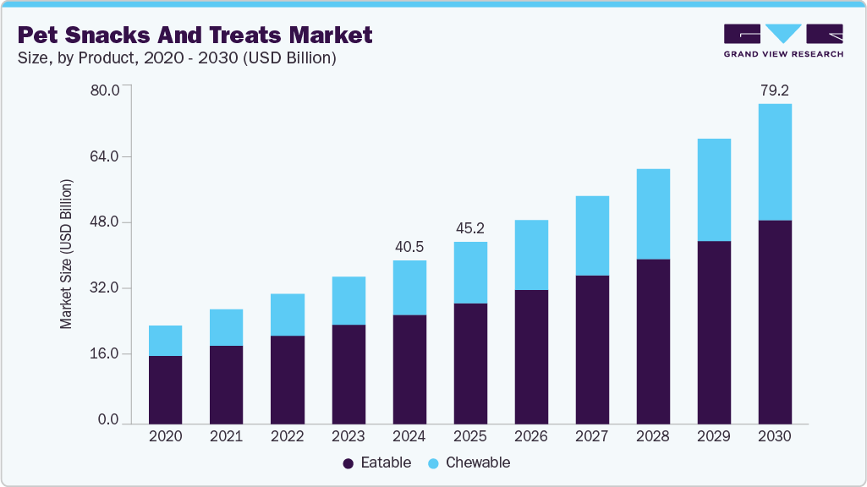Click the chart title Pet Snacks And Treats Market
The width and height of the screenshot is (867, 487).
pos(195,35)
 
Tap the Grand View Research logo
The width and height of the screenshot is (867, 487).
pos(783,41)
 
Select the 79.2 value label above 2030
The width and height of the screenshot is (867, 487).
pos(775,90)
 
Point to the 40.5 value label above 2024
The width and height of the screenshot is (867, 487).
pos(409,246)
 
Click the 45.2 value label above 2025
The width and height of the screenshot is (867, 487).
pos(470,227)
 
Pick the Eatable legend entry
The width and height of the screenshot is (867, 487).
pos(377,462)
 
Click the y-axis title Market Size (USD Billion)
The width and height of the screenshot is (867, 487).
pos(66,254)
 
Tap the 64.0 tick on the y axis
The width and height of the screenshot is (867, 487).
pos(105,156)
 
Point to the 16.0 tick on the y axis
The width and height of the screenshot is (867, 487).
pos(105,353)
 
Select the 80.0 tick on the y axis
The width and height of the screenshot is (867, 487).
pos(105,90)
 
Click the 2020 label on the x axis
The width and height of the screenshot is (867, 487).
pos(165,437)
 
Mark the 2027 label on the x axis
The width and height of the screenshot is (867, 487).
pos(592,437)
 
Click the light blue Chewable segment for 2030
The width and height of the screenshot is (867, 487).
pos(775,161)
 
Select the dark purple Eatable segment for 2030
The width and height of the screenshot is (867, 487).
pos(775,321)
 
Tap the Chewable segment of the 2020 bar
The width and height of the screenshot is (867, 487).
pos(165,340)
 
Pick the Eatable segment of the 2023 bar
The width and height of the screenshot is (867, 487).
pos(348,374)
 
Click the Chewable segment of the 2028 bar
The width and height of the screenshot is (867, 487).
pos(653,214)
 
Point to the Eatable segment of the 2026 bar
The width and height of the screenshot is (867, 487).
pos(531,356)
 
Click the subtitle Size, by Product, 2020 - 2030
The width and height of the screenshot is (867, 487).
pos(178,58)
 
